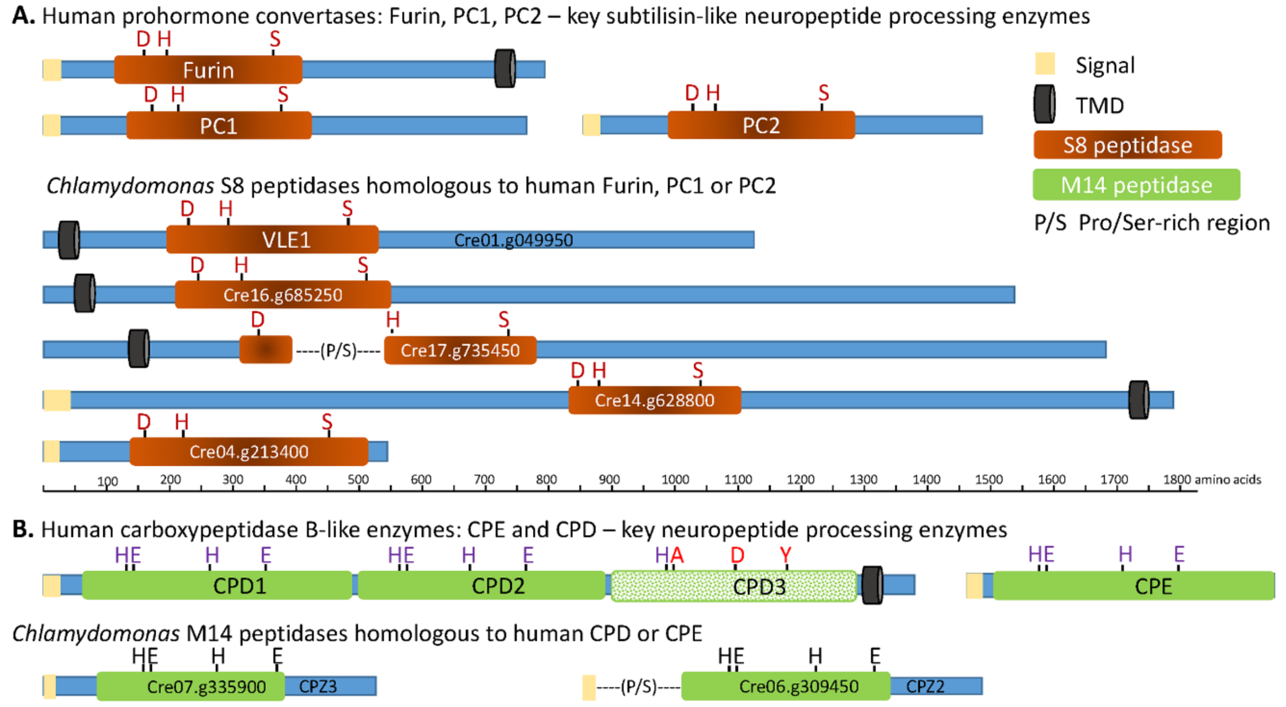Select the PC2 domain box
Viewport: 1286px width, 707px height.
[x=761, y=125]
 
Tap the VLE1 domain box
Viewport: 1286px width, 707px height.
[x=272, y=240]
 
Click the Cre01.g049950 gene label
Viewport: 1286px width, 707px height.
[x=513, y=241]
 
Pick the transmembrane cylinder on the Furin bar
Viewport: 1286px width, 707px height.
[x=504, y=68]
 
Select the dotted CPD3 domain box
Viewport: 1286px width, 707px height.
[x=734, y=586]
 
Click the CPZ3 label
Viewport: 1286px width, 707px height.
[x=318, y=687]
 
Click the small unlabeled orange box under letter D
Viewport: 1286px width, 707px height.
[x=266, y=349]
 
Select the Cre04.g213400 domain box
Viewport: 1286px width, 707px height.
[x=248, y=452]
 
